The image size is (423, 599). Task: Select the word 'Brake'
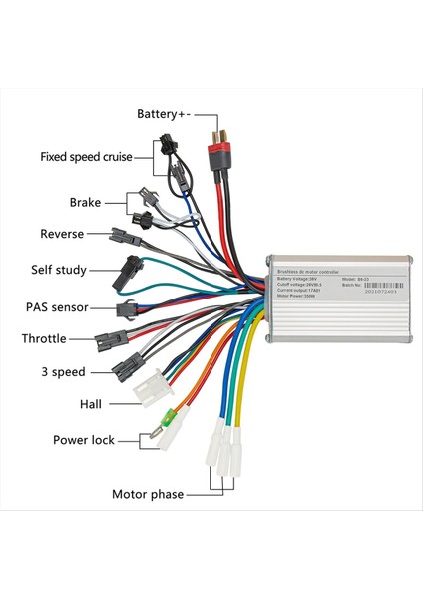point(85,202)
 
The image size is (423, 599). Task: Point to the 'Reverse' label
point(62,234)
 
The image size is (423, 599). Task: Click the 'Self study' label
point(59,270)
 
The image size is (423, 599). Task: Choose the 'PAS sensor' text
point(57,307)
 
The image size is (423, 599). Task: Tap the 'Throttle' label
point(44,339)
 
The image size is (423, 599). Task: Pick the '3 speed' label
point(62,372)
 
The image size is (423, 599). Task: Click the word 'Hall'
point(90,404)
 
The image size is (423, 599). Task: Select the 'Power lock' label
point(84,439)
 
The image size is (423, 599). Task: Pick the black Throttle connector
point(107,341)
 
